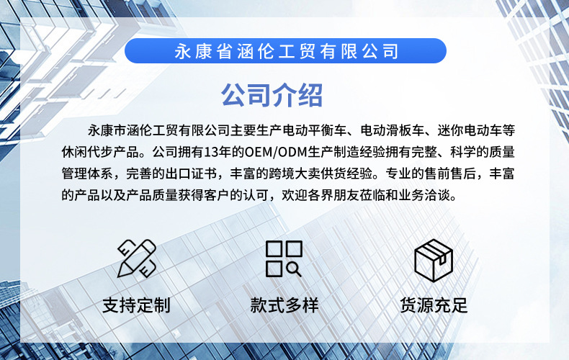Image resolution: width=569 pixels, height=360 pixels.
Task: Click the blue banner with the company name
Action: pos(285,51)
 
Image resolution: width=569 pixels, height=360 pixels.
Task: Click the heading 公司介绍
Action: pos(272,94)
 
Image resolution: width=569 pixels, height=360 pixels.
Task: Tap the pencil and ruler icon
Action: pos(137,258)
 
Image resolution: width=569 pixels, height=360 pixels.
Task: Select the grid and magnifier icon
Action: pos(284,258)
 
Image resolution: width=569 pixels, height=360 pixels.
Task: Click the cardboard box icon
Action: pos(434,259)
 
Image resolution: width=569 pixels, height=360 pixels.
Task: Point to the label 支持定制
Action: pos(137,305)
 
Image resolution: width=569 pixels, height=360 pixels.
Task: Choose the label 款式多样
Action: pos(284,305)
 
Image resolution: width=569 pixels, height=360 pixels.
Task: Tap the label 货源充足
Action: pos(434,305)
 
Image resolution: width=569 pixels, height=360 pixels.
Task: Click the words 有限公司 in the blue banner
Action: pos(367,51)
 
